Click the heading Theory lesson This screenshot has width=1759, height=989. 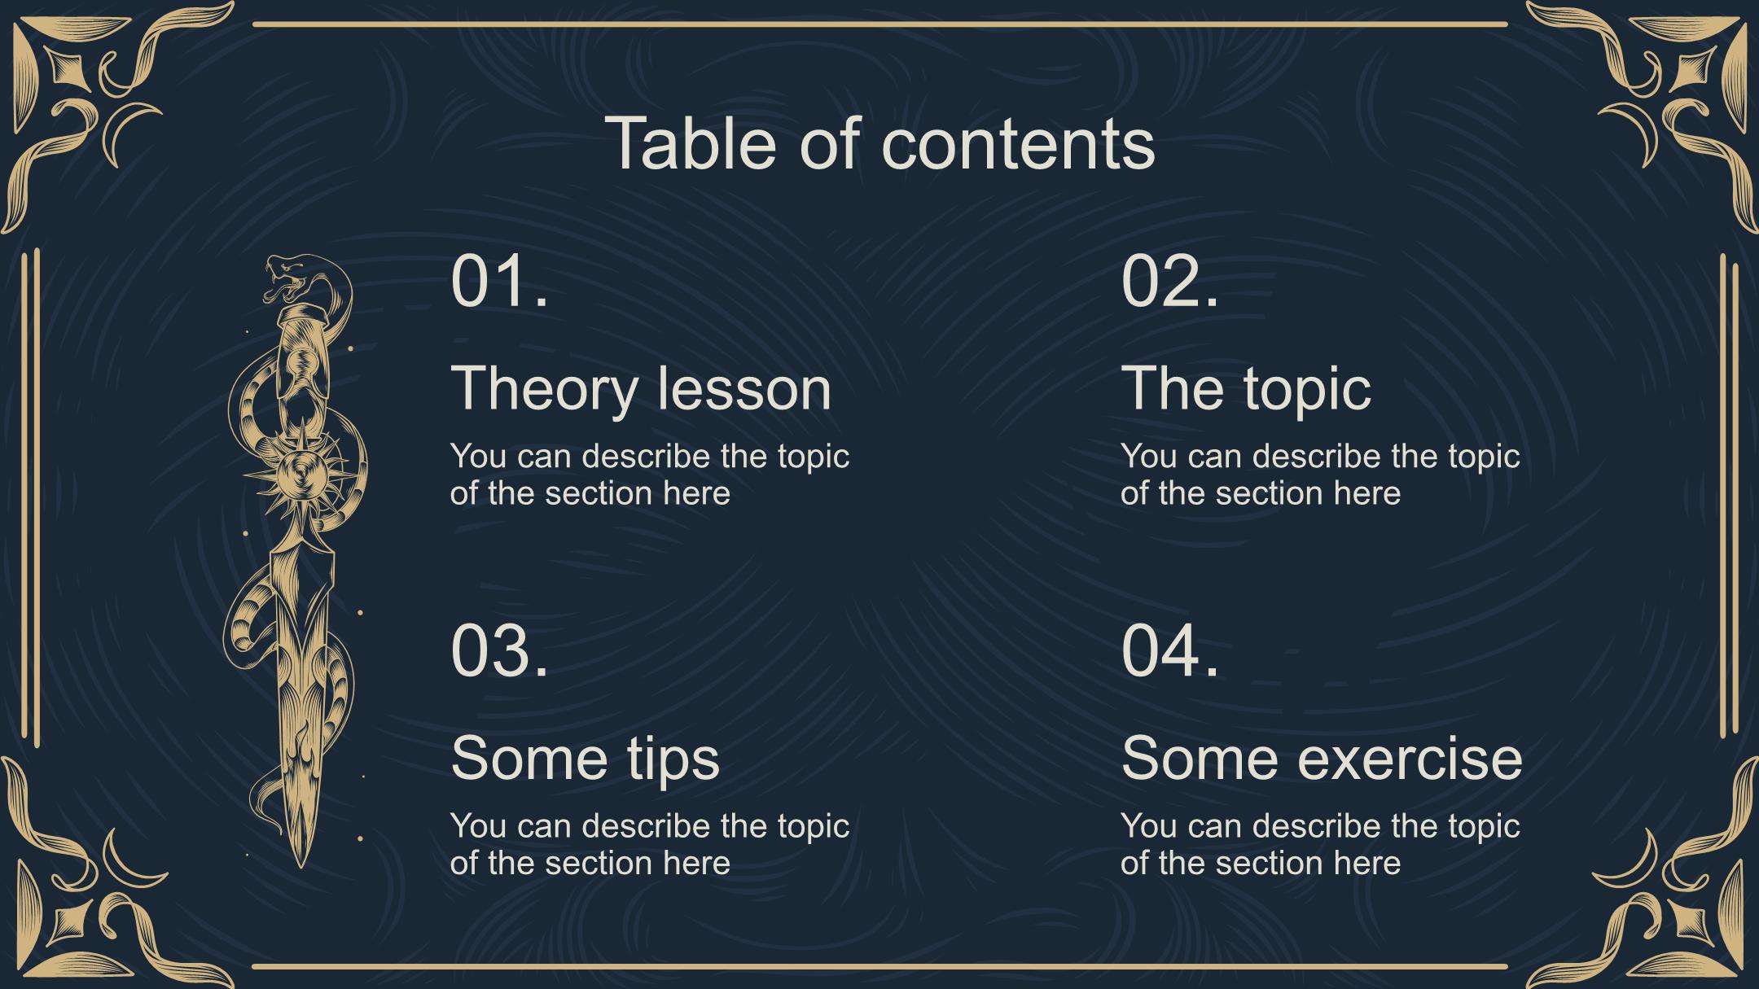[641, 387]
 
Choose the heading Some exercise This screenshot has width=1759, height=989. [1322, 757]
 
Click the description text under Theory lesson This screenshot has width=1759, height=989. [650, 475]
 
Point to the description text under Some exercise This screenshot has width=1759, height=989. [1320, 844]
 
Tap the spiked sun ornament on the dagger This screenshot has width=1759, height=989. [300, 473]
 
